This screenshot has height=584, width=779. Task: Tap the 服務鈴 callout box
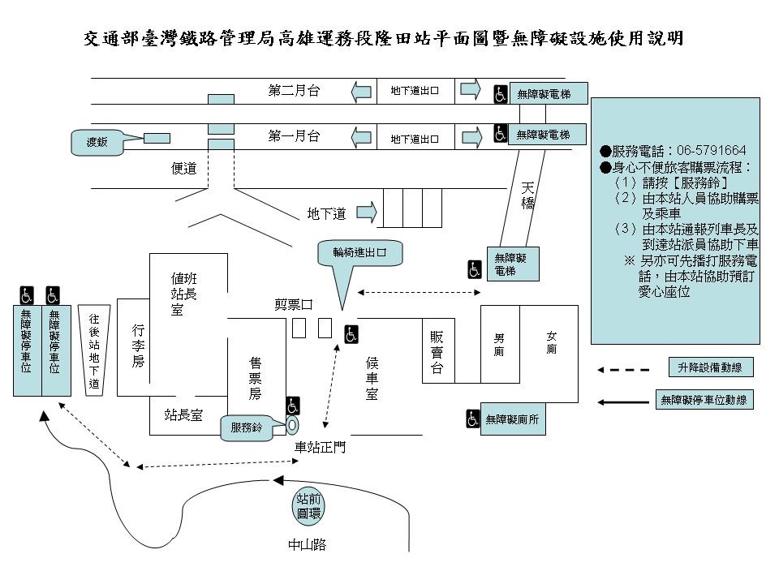point(247,427)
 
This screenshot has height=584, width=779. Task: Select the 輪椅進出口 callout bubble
point(360,252)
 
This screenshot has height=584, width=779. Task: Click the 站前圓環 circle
point(308,505)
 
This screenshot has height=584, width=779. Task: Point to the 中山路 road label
point(307,544)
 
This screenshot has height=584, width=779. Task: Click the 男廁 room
point(499,344)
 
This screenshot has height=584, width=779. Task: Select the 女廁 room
point(550,344)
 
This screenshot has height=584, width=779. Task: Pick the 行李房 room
point(138,345)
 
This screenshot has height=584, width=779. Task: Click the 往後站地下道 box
point(93,350)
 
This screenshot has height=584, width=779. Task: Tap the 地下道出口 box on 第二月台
point(415,92)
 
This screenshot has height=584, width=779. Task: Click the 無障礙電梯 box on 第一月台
point(543,134)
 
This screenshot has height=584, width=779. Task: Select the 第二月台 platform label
point(294,91)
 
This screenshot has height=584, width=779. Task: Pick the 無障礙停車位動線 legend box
point(704,399)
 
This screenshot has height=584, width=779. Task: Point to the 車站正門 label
point(319,447)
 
